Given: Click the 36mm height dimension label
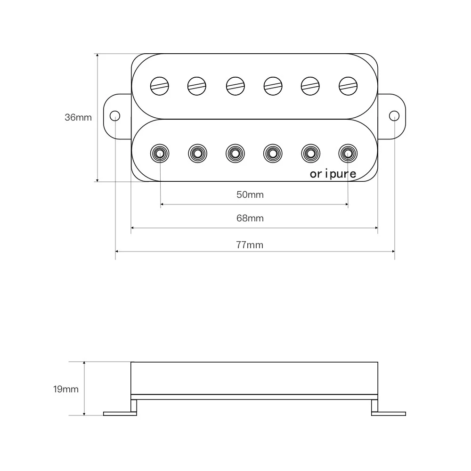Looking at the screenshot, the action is [78, 117].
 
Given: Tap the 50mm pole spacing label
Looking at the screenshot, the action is [250, 195].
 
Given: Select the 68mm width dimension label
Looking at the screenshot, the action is [250, 218].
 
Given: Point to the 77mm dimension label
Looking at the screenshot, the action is [250, 245].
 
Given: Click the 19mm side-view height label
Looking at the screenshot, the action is [65, 390].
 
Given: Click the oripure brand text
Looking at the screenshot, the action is [333, 174].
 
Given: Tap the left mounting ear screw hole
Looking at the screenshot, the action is [114, 116].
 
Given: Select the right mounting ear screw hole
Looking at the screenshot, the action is [394, 116].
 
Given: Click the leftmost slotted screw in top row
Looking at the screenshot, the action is [160, 85].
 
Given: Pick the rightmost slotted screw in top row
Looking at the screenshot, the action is [348, 85].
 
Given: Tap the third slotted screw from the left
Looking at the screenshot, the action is [235, 85].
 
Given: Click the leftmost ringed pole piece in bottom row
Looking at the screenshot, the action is [160, 153].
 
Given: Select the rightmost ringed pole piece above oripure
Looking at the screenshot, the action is [348, 153].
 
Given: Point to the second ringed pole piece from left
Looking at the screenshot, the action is [197, 153].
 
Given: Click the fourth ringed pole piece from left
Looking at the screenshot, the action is [273, 153].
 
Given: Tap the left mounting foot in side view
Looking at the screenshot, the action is [120, 414].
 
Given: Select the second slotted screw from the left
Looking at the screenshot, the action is [197, 85].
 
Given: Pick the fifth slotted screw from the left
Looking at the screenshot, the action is [310, 85].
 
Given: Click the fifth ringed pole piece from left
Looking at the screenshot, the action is [310, 153].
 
